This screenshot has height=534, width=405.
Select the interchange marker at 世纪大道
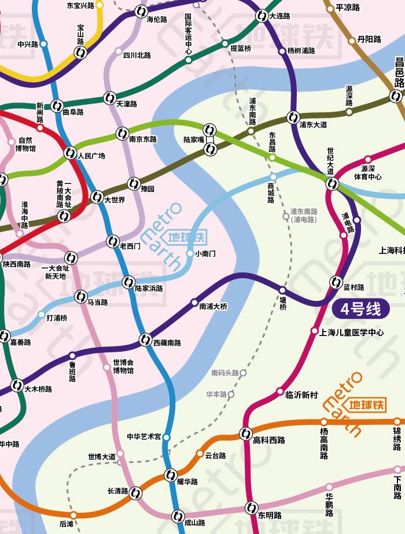coord(332,184)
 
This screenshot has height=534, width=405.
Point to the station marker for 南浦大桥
coord(194,302)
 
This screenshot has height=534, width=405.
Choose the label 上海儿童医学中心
coord(352,333)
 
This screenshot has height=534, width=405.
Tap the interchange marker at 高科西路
coord(245,433)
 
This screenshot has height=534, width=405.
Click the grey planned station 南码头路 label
coord(225,373)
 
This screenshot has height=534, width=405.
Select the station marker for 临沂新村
coord(281,391)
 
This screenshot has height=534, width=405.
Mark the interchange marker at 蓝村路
coord(336,282)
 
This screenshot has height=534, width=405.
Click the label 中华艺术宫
coord(144,437)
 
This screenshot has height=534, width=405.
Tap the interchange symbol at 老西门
coord(112,241)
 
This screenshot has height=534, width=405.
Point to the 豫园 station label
coord(148,189)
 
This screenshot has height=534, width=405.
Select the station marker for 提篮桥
coord(225,43)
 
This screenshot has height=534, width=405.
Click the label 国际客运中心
coord(188,34)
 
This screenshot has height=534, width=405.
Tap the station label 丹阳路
coord(369,39)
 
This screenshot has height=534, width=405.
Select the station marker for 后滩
coord(73,515)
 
